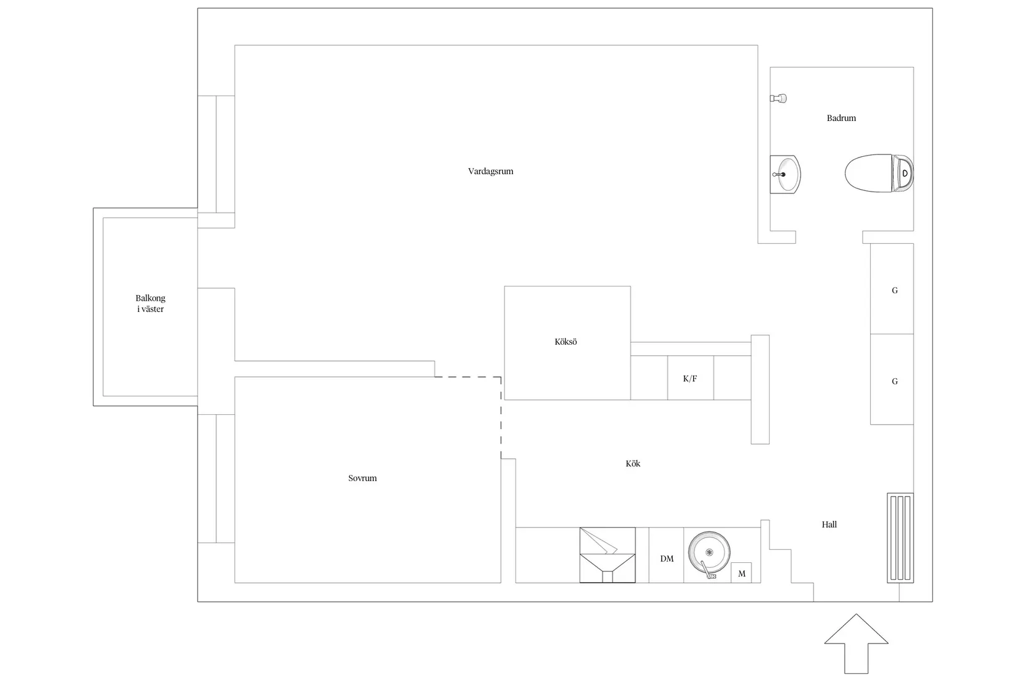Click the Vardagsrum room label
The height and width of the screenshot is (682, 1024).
pos(490,172)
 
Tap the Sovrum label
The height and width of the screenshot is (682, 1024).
pos(362,478)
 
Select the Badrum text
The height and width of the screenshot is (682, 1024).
pos(841,118)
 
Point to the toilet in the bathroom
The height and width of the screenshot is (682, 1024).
pos(879,173)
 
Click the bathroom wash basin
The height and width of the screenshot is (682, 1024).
pos(785,174)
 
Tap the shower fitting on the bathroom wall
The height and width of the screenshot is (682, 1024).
pos(778,98)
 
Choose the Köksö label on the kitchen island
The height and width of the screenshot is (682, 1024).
pos(565,342)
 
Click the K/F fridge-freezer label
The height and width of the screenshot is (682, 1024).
pos(690,378)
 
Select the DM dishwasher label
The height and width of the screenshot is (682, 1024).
pos(667,559)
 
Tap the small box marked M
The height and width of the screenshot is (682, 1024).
pos(741,573)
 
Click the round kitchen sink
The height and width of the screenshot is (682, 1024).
pos(709,552)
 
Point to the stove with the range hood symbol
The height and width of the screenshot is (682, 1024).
pos(608,555)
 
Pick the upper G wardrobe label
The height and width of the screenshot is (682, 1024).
pos(895,291)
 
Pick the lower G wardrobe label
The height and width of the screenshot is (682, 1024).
pos(895,381)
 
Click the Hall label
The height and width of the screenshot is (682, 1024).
pos(829,525)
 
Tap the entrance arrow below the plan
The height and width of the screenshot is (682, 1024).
pos(856,644)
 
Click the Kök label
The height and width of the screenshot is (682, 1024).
pos(632,464)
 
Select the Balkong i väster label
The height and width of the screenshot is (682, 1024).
pos(150,303)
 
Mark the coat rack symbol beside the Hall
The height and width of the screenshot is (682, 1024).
pos(900,538)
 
